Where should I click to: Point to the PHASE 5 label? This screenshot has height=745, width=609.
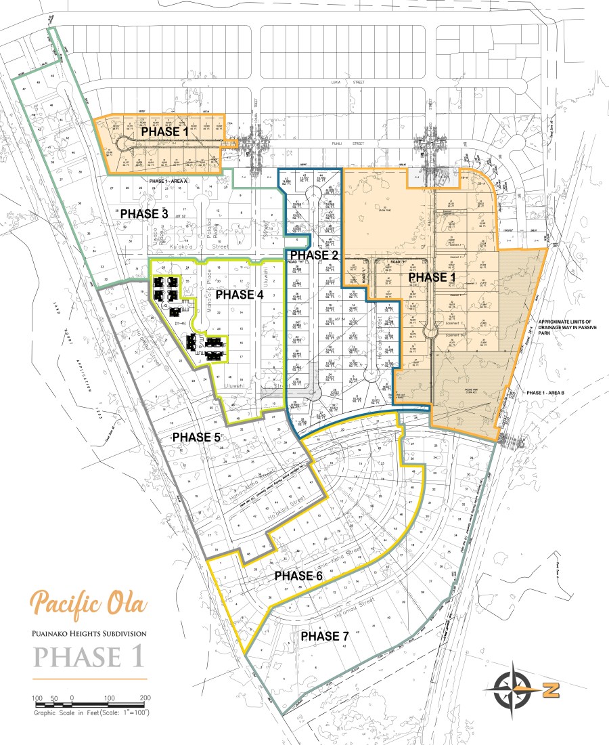tap(196, 437)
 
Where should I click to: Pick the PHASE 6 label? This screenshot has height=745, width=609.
tap(298, 575)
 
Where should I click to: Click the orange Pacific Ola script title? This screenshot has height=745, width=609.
tap(88, 602)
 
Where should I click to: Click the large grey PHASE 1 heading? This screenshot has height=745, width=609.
tap(88, 657)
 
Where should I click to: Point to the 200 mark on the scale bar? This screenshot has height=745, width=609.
tap(145, 698)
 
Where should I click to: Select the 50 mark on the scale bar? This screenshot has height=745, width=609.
tap(54, 698)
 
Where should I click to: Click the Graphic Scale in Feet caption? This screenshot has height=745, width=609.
tap(91, 712)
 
